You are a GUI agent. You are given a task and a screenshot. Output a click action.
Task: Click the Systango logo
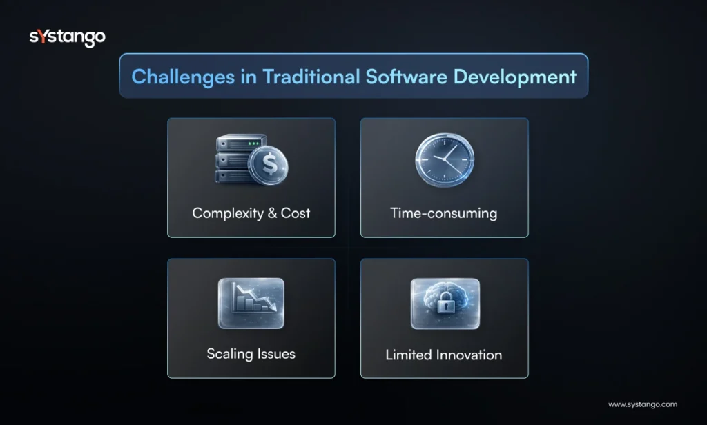[67, 37]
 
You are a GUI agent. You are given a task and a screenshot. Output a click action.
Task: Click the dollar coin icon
[269, 165]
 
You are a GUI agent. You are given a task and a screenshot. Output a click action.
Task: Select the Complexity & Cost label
[251, 213]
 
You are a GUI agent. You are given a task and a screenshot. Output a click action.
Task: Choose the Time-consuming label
[444, 213]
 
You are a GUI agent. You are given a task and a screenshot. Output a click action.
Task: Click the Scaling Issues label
[251, 354]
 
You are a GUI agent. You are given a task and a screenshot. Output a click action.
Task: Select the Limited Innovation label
[444, 355]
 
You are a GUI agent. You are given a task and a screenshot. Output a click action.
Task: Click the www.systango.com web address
[642, 405]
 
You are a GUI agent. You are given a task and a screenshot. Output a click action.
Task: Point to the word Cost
[296, 213]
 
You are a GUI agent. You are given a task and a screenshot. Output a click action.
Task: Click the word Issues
[274, 354]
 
